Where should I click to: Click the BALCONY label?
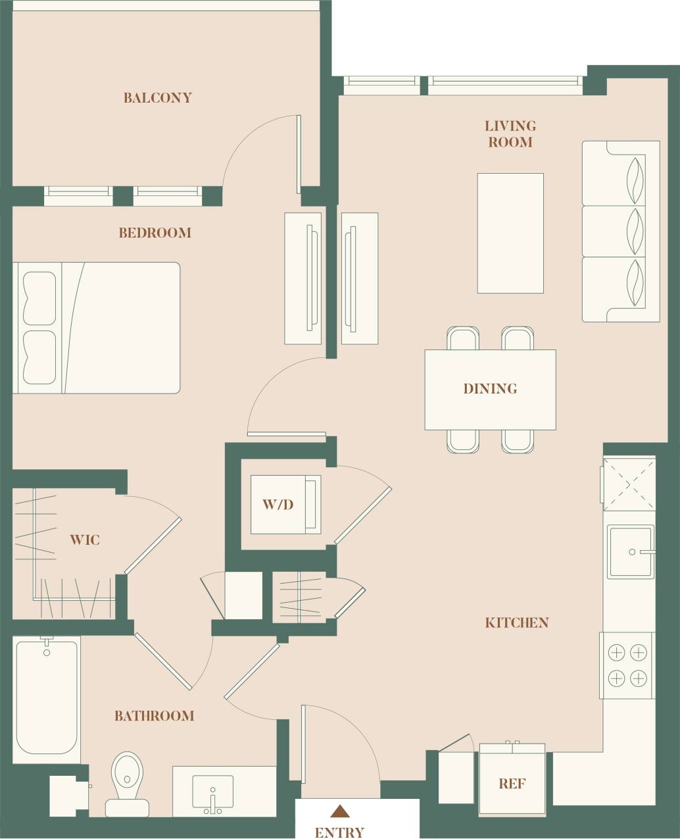(x=158, y=98)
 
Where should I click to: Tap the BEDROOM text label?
(x=155, y=233)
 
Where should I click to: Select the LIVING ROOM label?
(x=510, y=134)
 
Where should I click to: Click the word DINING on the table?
(x=490, y=389)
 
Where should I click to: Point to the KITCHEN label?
(x=517, y=623)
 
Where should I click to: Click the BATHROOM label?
(x=155, y=716)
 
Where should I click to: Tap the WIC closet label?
(x=85, y=540)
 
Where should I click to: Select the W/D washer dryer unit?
(x=285, y=505)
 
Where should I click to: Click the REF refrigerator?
(x=512, y=783)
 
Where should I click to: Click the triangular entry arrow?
(x=339, y=811)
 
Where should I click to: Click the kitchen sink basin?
(x=630, y=551)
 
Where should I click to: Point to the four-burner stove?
(x=627, y=665)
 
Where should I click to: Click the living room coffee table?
(x=510, y=233)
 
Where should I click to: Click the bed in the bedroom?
(x=97, y=328)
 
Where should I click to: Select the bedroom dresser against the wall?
(x=303, y=278)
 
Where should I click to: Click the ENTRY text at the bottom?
(x=339, y=832)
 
